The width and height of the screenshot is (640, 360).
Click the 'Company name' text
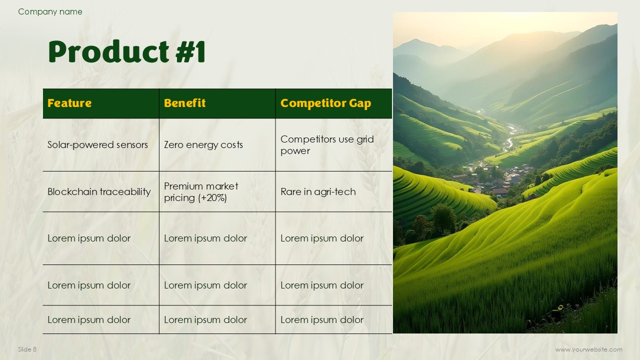[x=50, y=11]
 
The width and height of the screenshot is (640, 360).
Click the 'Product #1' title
[x=127, y=51]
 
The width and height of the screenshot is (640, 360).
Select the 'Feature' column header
[x=69, y=103]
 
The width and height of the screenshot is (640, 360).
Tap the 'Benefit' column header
[x=184, y=103]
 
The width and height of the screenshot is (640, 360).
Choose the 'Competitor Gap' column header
[x=325, y=103]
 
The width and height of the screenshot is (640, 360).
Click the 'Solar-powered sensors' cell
[x=97, y=145]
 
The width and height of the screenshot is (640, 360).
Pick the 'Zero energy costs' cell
[x=203, y=145]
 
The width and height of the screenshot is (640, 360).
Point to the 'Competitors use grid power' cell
[x=327, y=145]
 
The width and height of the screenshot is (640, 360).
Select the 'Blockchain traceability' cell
[x=99, y=191]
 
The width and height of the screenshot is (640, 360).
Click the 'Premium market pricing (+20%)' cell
[x=201, y=192]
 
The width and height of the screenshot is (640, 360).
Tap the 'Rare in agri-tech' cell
[x=318, y=191]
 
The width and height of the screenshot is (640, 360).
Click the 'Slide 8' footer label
[x=27, y=349]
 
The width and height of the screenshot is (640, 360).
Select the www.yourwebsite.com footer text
[x=589, y=349]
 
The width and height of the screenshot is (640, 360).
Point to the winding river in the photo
[x=510, y=137]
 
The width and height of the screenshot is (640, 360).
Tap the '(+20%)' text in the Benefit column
[x=212, y=197]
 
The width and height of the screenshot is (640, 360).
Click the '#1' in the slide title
[x=190, y=51]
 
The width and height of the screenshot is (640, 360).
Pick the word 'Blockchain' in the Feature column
[x=72, y=191]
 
